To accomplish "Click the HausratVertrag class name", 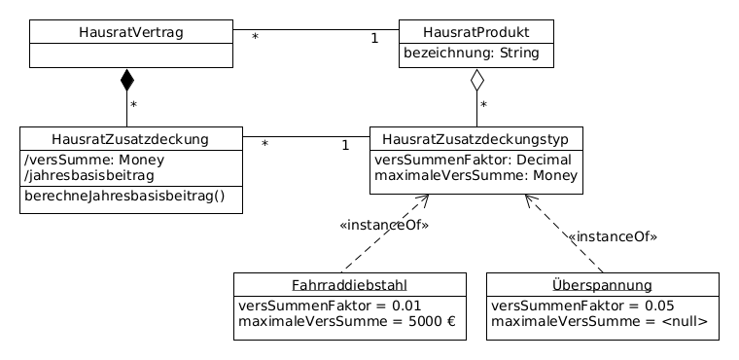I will [131, 32].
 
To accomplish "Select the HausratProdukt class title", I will [476, 32].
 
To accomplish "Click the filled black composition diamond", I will [126, 81].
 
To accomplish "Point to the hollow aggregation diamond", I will [476, 81].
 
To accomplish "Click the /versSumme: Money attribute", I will [94, 160].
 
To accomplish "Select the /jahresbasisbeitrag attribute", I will [88, 176].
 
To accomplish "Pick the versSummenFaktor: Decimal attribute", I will [473, 160].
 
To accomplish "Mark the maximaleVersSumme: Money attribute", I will [476, 176].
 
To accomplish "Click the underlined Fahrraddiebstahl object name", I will [349, 285].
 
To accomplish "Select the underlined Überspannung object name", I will [602, 285].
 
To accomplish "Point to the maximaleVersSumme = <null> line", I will [599, 322].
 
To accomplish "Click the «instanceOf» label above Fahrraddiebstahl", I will [384, 226].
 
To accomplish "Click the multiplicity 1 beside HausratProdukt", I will [374, 39].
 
